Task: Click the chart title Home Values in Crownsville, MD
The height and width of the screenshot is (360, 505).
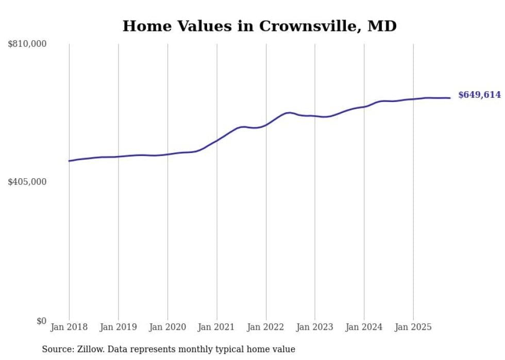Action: point(259,26)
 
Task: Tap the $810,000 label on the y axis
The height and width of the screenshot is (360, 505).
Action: point(27,44)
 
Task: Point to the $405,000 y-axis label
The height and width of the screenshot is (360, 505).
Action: point(27,182)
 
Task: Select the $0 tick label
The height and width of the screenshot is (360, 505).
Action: point(41,321)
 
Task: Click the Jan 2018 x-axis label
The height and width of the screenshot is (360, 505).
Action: point(69,327)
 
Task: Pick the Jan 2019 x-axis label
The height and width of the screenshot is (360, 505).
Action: point(118,327)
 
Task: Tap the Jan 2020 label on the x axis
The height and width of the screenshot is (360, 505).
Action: point(167,327)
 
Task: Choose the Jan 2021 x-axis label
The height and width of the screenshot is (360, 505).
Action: point(216,327)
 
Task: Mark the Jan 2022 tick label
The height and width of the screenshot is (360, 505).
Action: point(266,327)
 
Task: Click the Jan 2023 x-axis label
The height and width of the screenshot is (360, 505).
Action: point(315,327)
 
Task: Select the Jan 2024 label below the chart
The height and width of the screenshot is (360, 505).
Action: point(364,327)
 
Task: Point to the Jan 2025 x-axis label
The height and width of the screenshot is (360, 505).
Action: point(413,327)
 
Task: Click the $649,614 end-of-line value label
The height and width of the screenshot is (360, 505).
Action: point(479,95)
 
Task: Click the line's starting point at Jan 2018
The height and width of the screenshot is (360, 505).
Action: point(69,161)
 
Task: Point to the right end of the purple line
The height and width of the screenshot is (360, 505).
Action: point(450,98)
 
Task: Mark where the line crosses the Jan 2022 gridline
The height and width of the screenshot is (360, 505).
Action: point(266,125)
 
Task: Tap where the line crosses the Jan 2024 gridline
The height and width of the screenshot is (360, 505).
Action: point(364,107)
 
